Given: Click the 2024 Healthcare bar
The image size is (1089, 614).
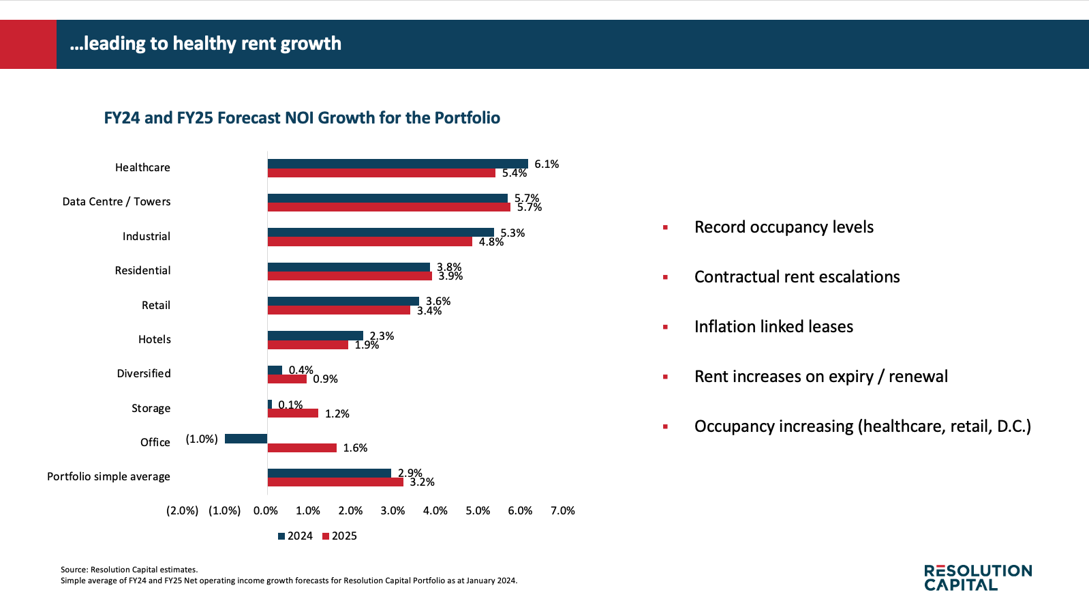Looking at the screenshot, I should [x=397, y=164].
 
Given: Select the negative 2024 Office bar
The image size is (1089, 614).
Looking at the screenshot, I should [x=246, y=439].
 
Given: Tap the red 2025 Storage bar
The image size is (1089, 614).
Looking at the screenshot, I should [x=293, y=413].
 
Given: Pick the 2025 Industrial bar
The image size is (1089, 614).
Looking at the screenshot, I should [x=369, y=242].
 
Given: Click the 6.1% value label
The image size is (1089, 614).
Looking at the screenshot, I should [x=547, y=164].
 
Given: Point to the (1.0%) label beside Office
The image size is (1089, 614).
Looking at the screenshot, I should [x=202, y=439].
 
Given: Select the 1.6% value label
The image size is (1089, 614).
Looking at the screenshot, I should [x=355, y=448].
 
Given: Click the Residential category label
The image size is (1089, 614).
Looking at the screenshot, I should [x=142, y=271].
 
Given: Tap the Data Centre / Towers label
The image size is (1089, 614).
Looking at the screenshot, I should [x=117, y=202].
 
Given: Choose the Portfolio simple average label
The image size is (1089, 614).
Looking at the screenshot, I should [x=108, y=477].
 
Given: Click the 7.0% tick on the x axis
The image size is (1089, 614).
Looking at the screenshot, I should [x=563, y=511].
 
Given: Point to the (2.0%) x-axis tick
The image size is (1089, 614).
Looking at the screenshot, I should [x=183, y=511].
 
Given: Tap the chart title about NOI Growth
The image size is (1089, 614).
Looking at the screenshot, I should [x=302, y=118].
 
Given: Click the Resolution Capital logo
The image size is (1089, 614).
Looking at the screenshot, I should [x=978, y=577].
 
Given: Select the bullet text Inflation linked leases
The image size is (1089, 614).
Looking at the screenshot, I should [x=773, y=327].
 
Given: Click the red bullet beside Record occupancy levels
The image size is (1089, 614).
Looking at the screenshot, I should [x=665, y=228].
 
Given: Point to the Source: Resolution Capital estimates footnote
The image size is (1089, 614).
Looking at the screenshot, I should [x=129, y=570].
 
